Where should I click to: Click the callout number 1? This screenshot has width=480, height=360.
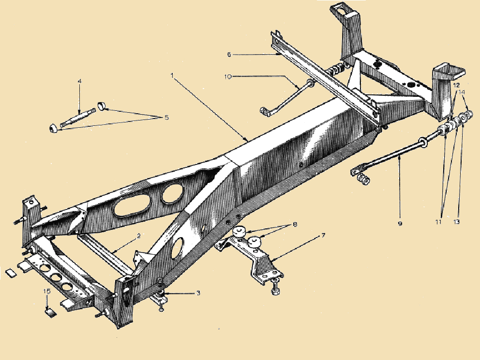pyautogui.click(x=172, y=75)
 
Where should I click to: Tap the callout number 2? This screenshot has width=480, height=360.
pyautogui.click(x=139, y=236)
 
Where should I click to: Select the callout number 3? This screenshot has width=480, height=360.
pyautogui.click(x=198, y=293)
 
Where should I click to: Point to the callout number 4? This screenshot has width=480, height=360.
pyautogui.click(x=79, y=81)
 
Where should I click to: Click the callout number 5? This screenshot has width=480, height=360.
pyautogui.click(x=166, y=117)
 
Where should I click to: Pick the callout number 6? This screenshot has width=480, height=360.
pyautogui.click(x=229, y=55)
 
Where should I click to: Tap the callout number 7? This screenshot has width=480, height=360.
pyautogui.click(x=323, y=236)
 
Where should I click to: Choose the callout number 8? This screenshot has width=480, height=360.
pyautogui.click(x=295, y=225)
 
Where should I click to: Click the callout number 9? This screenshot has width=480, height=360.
pyautogui.click(x=400, y=224)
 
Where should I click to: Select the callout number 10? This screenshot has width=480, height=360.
pyautogui.click(x=228, y=76)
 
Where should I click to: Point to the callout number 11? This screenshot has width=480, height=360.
pyautogui.click(x=439, y=222)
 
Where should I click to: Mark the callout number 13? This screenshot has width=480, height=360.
pyautogui.click(x=456, y=222)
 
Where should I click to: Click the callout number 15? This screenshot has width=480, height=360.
pyautogui.click(x=46, y=291)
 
